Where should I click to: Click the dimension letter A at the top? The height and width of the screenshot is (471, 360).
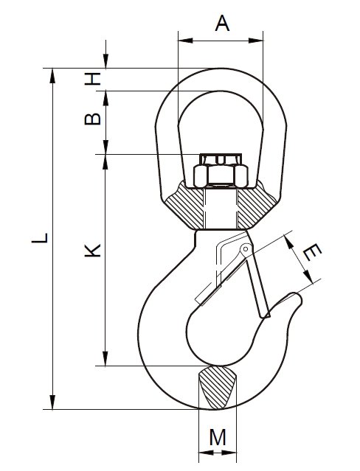[222, 24]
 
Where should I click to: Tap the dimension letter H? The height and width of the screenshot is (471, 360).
[92, 79]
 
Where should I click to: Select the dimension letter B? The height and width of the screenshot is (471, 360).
[92, 119]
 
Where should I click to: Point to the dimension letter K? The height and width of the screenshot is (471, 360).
[92, 250]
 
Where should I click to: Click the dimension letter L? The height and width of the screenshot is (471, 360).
[40, 237]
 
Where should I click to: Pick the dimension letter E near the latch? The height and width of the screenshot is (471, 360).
[312, 252]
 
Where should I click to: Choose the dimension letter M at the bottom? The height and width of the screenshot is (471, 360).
[218, 437]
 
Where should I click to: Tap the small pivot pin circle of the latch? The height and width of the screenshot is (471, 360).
[246, 248]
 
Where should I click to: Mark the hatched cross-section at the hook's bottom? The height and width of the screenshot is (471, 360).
[217, 387]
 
